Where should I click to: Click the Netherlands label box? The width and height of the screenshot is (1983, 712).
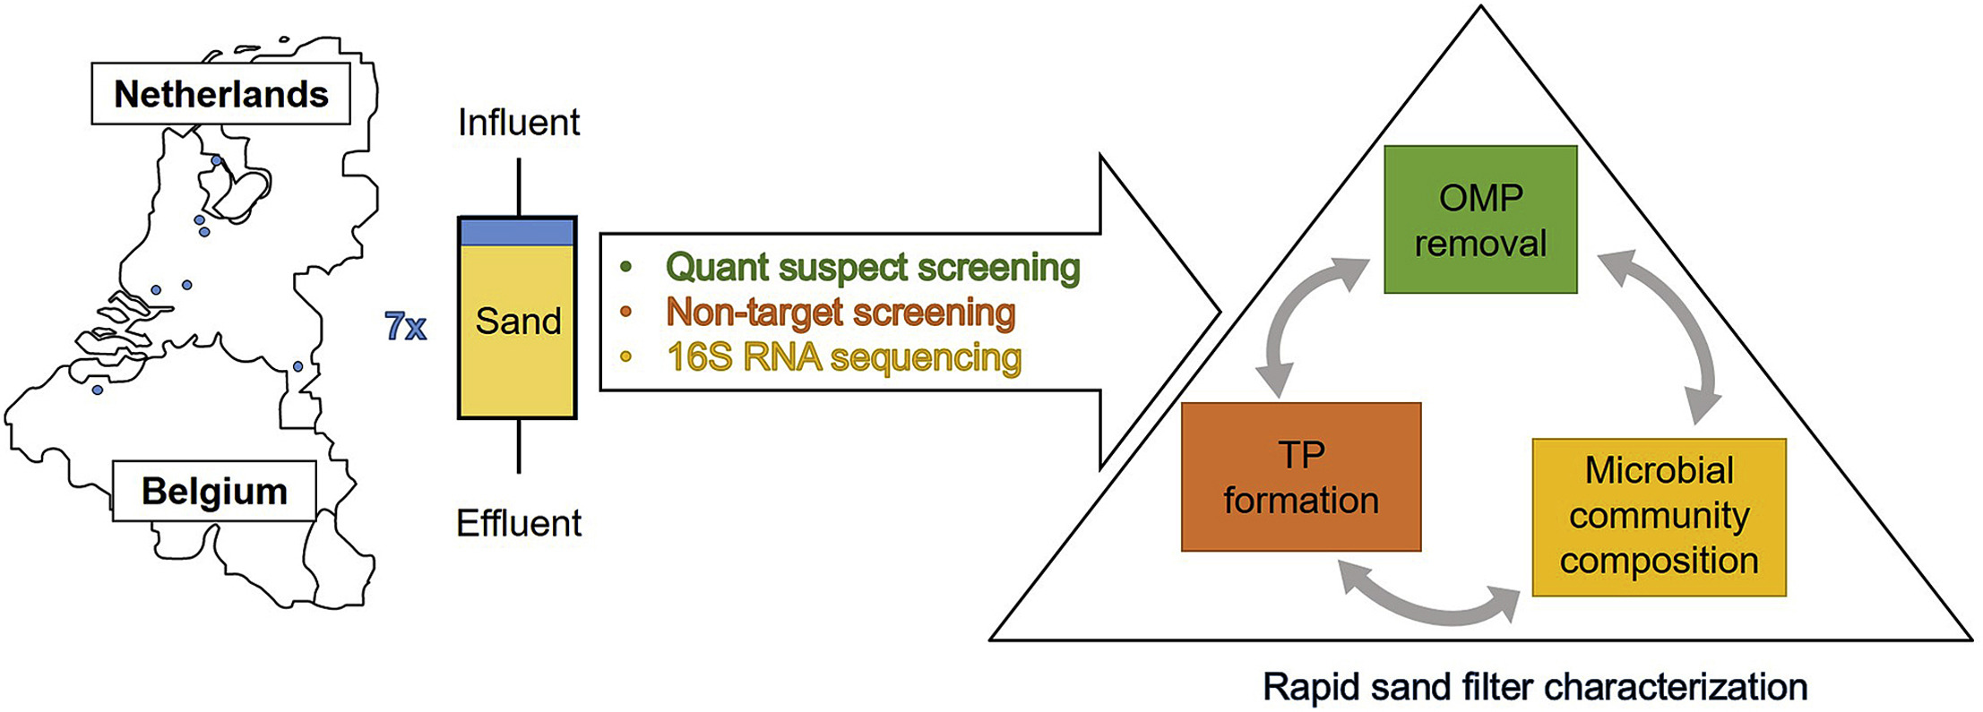220,93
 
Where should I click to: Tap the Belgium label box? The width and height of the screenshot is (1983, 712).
214,491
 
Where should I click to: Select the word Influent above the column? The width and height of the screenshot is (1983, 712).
519,123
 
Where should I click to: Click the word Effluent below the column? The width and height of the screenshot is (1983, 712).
519,523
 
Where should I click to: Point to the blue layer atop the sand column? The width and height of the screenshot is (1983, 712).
517,231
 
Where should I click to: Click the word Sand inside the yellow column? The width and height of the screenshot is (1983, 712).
518,321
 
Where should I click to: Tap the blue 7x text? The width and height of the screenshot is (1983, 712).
405,327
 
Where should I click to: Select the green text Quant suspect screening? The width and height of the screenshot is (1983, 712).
873,267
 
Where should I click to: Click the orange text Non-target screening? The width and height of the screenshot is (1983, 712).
841,312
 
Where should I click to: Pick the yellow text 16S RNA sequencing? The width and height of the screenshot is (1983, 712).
844,356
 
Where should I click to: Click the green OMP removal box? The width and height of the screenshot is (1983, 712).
1480,219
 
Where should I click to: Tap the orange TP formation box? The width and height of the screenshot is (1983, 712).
1301,476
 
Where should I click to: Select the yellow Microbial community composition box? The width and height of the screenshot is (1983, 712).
1659,517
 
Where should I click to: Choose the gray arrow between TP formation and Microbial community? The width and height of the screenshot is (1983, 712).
1429,609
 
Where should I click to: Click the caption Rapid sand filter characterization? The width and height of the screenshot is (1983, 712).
1535,687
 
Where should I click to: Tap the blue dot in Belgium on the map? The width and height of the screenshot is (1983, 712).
97,390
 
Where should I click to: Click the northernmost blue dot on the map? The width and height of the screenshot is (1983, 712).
216,160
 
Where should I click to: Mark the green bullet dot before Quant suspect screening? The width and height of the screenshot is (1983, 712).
625,267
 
